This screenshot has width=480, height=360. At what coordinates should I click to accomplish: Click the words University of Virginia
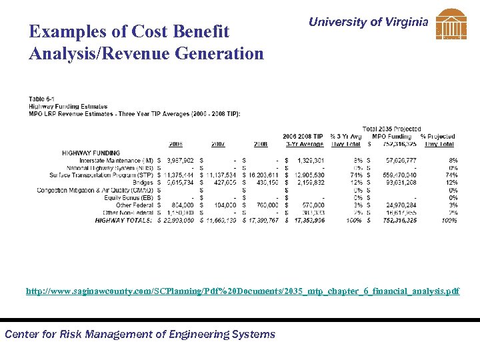pos(368,22)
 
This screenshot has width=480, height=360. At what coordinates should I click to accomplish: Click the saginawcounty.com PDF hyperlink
pos(243,291)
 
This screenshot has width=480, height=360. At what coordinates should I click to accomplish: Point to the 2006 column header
pos(175,144)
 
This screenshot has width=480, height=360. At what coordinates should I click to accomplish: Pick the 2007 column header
pos(219,144)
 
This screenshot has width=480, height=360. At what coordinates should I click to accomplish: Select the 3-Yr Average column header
pos(305,144)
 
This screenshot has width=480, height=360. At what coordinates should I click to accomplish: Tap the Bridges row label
pos(143,183)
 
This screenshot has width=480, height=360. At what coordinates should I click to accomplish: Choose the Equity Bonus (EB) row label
pos(128,197)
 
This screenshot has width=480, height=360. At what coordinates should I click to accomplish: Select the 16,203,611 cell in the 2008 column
pos(263,175)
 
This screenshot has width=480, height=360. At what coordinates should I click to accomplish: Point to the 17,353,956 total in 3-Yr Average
pos(307,219)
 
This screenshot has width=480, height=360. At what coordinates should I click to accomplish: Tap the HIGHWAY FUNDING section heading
pos(91,153)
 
